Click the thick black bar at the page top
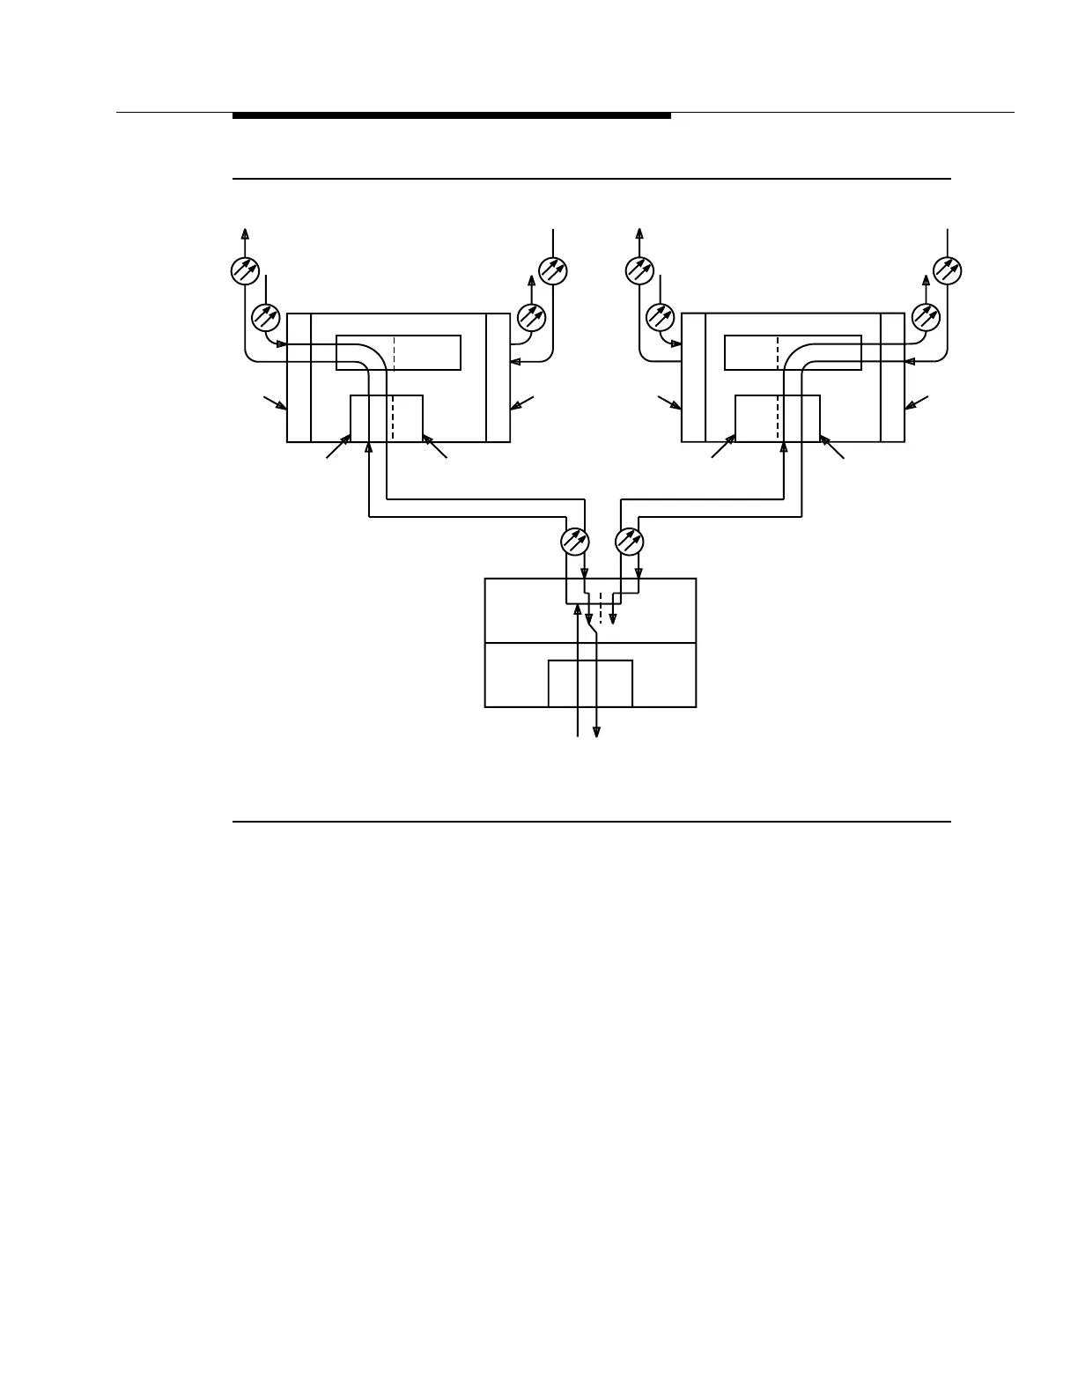pos(451,115)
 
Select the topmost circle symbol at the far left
pos(244,270)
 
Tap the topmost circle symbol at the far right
pos(948,270)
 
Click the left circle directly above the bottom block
pos(575,540)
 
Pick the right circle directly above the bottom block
pos(630,540)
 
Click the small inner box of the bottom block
pos(590,683)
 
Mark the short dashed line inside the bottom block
pos(601,608)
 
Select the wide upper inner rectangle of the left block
pos(398,352)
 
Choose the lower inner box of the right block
pos(778,417)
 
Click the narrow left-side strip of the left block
pos(299,377)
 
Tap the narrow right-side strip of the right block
pos(892,377)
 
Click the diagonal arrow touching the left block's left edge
pos(276,403)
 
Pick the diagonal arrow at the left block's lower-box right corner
pos(435,446)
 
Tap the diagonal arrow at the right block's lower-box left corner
pos(724,446)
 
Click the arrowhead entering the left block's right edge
pos(515,360)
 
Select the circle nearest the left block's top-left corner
pos(265,315)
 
